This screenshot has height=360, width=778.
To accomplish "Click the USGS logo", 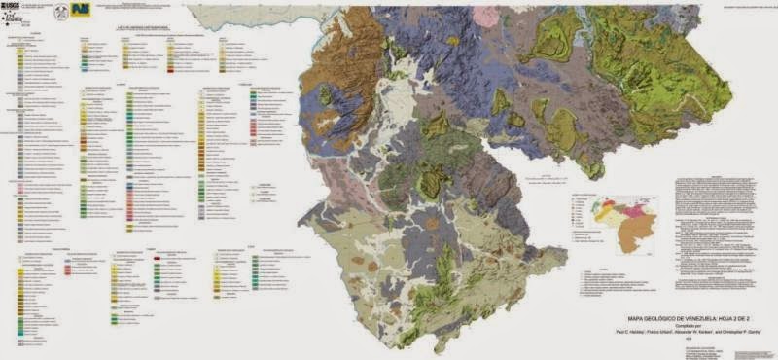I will pos(17,7).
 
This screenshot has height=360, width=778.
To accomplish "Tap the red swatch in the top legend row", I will pos(171,71).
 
